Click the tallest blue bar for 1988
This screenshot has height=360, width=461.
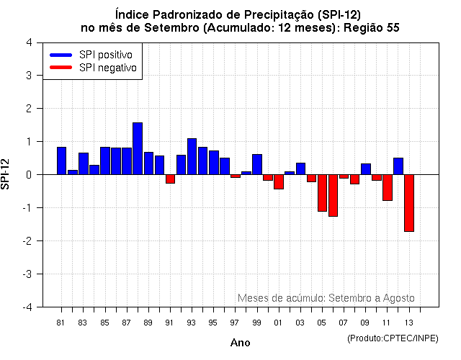pyautogui.click(x=138, y=148)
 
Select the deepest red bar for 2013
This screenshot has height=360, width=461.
pyautogui.click(x=409, y=203)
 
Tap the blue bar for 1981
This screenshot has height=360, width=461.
pyautogui.click(x=61, y=161)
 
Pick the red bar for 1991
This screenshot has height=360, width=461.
pyautogui.click(x=170, y=179)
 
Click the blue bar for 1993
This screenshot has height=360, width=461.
pyautogui.click(x=192, y=156)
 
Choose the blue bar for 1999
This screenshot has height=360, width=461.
pyautogui.click(x=257, y=164)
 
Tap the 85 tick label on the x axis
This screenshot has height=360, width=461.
pyautogui.click(x=104, y=323)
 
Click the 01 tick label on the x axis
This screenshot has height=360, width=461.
pyautogui.click(x=278, y=323)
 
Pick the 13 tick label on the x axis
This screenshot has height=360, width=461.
pyautogui.click(x=409, y=323)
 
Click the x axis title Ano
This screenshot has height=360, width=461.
pyautogui.click(x=240, y=343)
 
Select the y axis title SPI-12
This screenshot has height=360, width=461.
pyautogui.click(x=7, y=174)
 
